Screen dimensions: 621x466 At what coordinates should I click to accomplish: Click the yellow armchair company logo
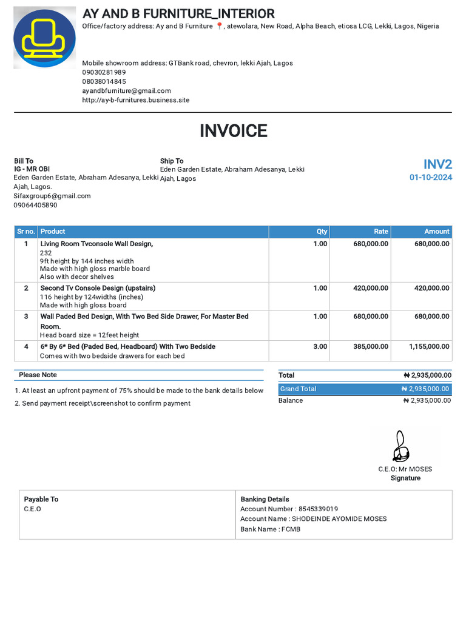click(44, 38)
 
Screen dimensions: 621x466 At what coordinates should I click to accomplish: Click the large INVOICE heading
click(233, 131)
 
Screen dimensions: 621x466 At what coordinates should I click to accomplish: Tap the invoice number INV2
click(437, 164)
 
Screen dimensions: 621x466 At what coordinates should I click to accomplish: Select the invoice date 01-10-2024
click(430, 178)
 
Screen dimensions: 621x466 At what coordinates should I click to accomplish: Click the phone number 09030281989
click(104, 72)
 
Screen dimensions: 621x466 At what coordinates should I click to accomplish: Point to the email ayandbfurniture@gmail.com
click(126, 91)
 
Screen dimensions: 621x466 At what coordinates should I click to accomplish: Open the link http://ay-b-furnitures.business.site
click(135, 100)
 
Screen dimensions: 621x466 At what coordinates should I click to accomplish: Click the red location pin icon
click(220, 26)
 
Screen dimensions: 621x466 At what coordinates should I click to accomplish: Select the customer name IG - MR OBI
click(32, 169)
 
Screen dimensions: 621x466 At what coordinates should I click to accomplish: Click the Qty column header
click(322, 232)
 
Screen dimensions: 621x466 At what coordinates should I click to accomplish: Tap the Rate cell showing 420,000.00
click(370, 288)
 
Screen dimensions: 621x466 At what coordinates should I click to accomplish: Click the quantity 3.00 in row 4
click(320, 347)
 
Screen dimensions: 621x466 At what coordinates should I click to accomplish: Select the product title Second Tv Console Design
click(98, 288)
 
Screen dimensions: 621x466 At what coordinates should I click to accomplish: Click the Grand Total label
click(297, 389)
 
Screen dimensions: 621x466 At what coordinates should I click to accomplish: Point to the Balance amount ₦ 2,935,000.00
click(427, 400)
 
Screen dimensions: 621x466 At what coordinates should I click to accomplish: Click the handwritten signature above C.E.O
click(400, 447)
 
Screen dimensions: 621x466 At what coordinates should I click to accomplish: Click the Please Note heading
click(38, 375)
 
